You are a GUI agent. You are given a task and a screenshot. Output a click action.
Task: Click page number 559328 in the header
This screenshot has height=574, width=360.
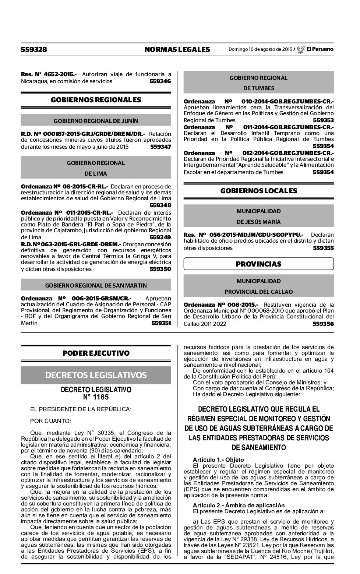click(x=34, y=49)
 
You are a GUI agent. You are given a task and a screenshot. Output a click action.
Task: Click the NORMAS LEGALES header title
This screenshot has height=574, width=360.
click(x=177, y=49)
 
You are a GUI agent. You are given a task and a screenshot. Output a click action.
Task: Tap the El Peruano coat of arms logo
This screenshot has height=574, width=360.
click(x=300, y=49)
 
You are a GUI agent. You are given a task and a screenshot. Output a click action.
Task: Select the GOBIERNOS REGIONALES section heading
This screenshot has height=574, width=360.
click(x=96, y=100)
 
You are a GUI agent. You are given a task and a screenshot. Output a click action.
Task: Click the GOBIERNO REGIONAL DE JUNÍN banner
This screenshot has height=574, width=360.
click(x=96, y=121)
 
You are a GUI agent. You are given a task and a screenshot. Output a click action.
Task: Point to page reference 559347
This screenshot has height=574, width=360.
click(x=160, y=147)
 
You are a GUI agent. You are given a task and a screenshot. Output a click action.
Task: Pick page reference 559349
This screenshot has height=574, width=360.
click(x=160, y=237)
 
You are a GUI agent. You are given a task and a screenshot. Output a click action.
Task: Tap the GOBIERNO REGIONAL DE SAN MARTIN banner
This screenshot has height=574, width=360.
click(x=96, y=285)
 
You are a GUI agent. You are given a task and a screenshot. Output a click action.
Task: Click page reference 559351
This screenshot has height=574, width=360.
click(x=161, y=323)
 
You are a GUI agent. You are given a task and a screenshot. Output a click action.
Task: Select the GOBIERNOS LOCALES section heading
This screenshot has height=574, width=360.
click(x=258, y=191)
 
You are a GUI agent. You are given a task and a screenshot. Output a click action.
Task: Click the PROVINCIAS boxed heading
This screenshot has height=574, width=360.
click(x=258, y=264)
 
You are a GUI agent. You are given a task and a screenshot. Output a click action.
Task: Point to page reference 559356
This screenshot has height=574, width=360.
click(x=323, y=324)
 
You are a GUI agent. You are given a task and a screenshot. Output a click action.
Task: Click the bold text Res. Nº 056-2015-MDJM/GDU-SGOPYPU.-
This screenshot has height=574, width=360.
click(x=243, y=235)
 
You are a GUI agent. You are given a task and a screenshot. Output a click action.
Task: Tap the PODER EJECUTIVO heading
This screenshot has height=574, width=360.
click(x=96, y=353)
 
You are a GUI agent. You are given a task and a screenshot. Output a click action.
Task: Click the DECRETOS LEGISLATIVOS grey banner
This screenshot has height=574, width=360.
click(x=96, y=375)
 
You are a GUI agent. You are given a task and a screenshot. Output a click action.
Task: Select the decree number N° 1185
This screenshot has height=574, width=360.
click(x=96, y=397)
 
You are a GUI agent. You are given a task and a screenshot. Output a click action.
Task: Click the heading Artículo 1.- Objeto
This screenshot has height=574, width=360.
click(x=218, y=459)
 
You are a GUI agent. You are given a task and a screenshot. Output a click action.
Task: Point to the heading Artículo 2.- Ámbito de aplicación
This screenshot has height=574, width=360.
click(x=239, y=505)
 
